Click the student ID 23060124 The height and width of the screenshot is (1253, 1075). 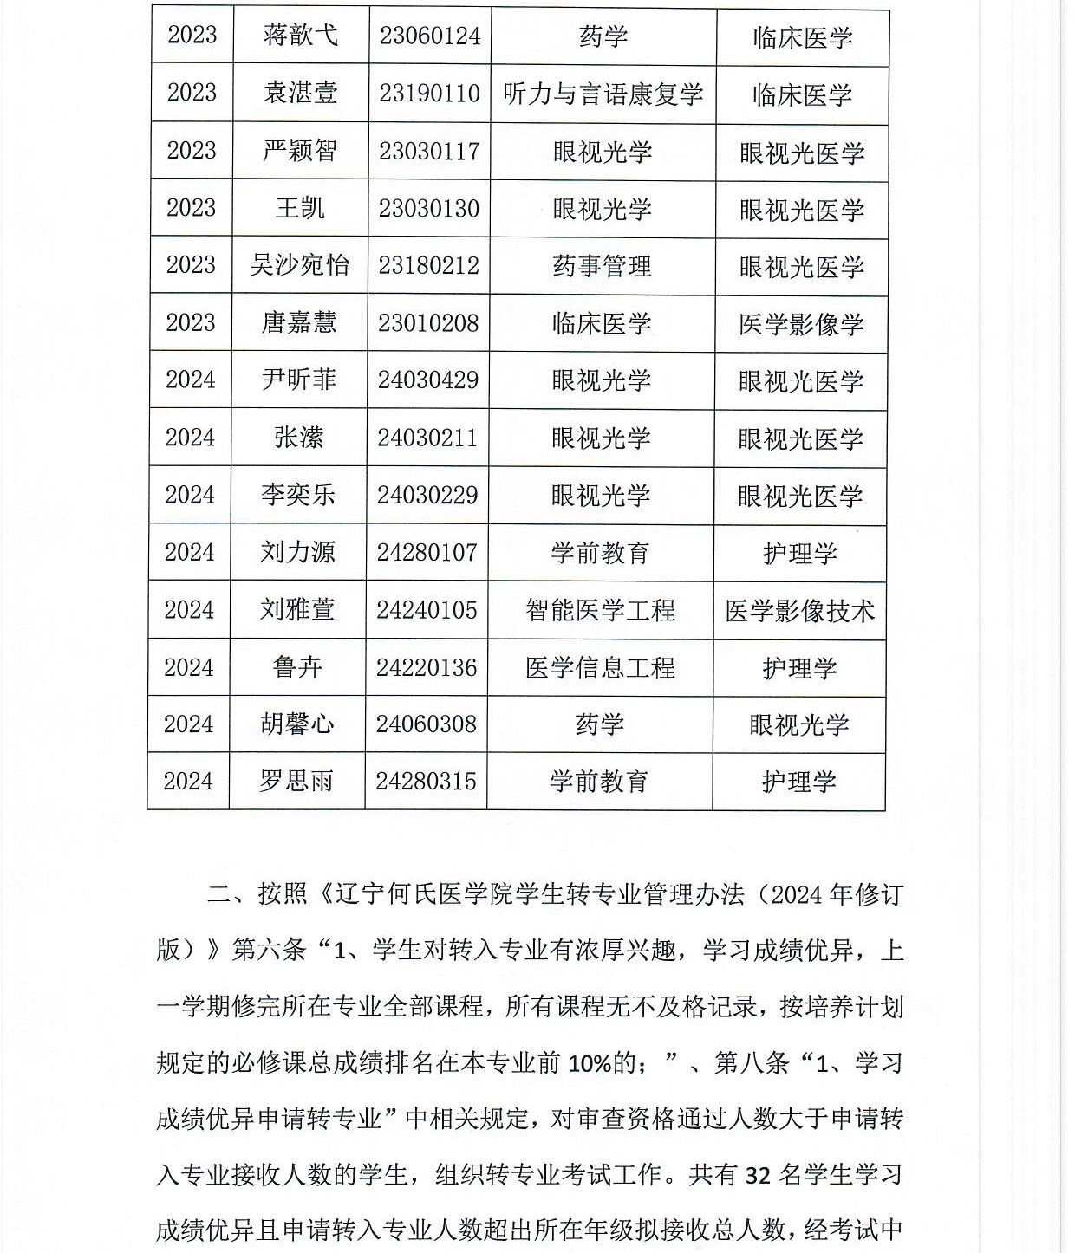[429, 36]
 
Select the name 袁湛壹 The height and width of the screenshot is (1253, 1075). [300, 94]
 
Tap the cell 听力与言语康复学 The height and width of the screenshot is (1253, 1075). [603, 94]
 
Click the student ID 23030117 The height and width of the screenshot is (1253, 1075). [429, 151]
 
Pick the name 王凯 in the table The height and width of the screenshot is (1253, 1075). [300, 208]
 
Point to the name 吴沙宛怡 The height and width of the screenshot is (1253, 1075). [300, 265]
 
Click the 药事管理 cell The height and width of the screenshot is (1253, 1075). [602, 266]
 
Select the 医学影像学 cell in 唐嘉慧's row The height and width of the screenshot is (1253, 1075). [801, 324]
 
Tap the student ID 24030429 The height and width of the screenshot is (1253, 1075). [427, 380]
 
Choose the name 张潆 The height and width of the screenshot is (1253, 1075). [298, 438]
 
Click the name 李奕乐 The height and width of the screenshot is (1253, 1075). [298, 495]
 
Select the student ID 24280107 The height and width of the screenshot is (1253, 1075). [427, 552]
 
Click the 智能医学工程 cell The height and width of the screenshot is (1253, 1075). [600, 610]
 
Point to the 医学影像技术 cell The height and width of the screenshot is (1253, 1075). [799, 611]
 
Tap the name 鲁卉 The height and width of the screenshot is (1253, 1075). [297, 667]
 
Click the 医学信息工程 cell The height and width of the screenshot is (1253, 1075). [600, 667]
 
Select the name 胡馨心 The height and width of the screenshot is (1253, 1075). [297, 724]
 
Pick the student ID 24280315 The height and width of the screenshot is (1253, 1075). [426, 781]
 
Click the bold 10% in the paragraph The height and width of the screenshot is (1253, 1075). [590, 1063]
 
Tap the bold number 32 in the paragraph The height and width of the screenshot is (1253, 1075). [758, 1176]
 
